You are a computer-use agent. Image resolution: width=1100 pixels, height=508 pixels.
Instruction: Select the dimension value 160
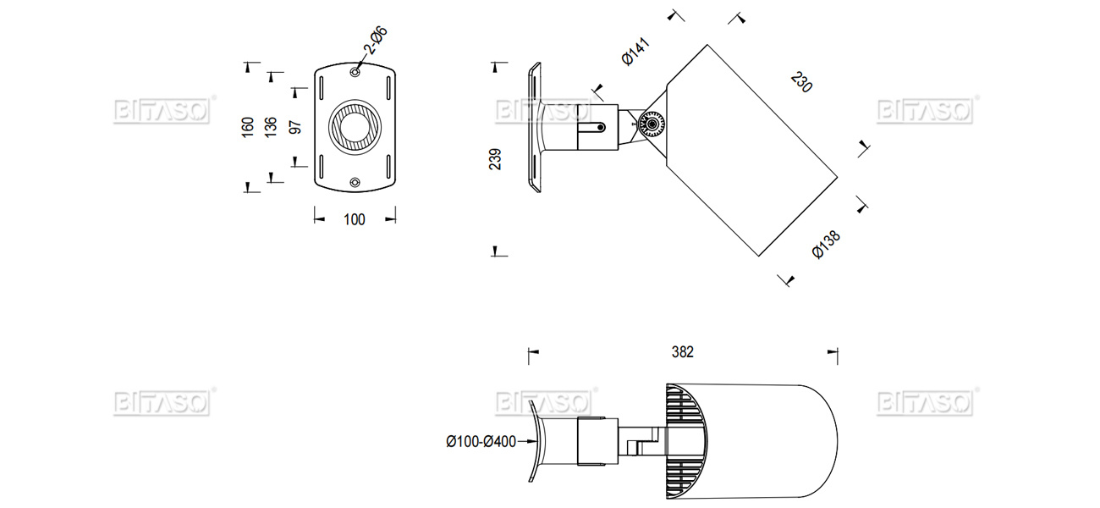(x=247, y=127)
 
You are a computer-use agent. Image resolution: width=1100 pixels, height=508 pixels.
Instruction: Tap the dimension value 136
(x=271, y=127)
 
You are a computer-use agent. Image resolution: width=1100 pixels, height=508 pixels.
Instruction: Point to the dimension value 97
(x=295, y=127)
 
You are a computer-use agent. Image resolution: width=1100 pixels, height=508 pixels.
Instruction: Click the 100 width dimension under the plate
(x=355, y=220)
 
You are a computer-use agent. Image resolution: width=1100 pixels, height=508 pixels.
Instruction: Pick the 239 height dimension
(x=496, y=159)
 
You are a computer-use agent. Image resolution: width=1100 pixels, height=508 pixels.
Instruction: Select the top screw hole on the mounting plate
(x=355, y=72)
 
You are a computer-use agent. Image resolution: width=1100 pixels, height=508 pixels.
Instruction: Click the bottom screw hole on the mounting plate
(x=355, y=182)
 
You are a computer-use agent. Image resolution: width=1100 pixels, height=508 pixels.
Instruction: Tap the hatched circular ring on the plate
(x=355, y=127)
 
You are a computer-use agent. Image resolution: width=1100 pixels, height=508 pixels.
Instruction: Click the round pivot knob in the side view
(x=653, y=124)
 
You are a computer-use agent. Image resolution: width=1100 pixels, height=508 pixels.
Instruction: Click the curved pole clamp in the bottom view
(x=535, y=441)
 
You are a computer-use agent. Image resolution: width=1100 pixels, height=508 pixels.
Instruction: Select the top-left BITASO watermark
(x=161, y=111)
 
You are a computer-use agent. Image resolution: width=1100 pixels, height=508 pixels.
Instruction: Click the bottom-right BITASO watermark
(x=924, y=403)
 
